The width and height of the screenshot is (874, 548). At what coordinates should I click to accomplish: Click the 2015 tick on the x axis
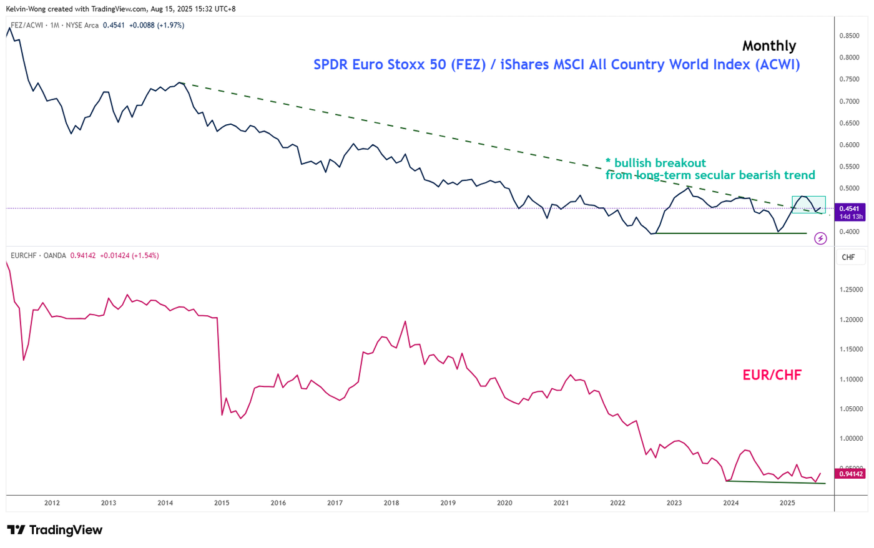pyautogui.click(x=222, y=503)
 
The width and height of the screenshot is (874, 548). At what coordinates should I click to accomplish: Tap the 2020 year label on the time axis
pyautogui.click(x=504, y=503)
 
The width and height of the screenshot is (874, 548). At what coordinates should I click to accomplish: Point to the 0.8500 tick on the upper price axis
pyautogui.click(x=849, y=36)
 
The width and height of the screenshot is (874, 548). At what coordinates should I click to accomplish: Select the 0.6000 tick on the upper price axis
pyautogui.click(x=849, y=145)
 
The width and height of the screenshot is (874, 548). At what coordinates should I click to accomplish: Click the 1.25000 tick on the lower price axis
pyautogui.click(x=851, y=290)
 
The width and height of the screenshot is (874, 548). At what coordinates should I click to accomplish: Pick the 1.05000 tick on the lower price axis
pyautogui.click(x=851, y=409)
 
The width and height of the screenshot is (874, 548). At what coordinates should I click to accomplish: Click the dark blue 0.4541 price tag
pyautogui.click(x=850, y=212)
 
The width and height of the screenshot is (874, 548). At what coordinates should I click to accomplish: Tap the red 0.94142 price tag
pyautogui.click(x=851, y=474)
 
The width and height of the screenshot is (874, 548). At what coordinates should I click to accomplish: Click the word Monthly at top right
pyautogui.click(x=769, y=46)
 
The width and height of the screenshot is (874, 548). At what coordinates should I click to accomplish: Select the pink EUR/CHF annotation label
pyautogui.click(x=772, y=375)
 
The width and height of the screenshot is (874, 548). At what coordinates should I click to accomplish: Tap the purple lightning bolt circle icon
pyautogui.click(x=821, y=238)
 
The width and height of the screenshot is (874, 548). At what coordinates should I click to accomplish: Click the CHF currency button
pyautogui.click(x=848, y=257)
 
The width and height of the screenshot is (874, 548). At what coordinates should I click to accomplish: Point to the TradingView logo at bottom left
pyautogui.click(x=55, y=531)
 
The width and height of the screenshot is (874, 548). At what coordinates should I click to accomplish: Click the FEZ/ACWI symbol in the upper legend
pyautogui.click(x=27, y=26)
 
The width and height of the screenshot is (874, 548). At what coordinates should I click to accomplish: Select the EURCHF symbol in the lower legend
pyautogui.click(x=24, y=256)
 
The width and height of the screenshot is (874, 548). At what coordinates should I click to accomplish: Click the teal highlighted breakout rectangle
pyautogui.click(x=808, y=205)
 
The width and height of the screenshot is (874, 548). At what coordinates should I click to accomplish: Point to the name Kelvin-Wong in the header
pyautogui.click(x=26, y=9)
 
